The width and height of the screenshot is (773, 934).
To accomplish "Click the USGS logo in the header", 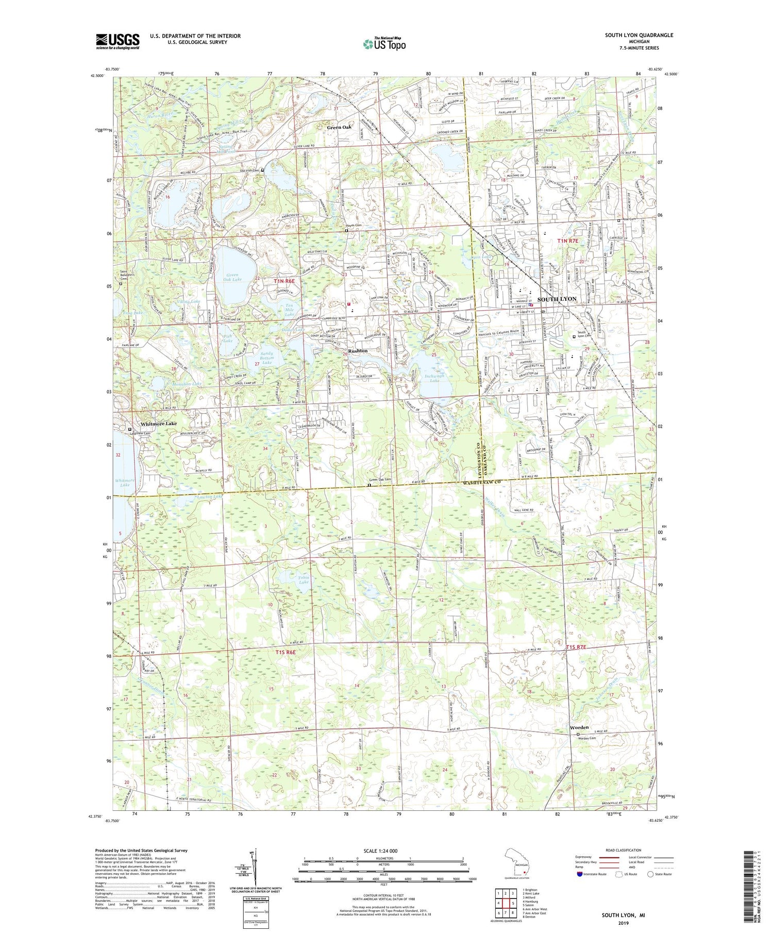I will tap(117, 41).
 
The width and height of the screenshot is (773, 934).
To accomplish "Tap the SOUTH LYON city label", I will tap(557, 299).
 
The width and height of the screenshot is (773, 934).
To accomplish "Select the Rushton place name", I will tap(358, 351).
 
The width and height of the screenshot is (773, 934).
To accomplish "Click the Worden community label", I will tap(579, 727).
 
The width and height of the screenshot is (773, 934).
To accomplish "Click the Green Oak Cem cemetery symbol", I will tap(369, 485).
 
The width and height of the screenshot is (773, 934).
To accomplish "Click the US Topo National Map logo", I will tap(383, 44).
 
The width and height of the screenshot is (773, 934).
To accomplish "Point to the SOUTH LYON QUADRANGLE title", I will tap(638, 35).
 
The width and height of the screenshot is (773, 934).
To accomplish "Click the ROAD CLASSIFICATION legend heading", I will tap(623, 850).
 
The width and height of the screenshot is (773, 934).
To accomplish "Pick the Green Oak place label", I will tap(340, 127).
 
